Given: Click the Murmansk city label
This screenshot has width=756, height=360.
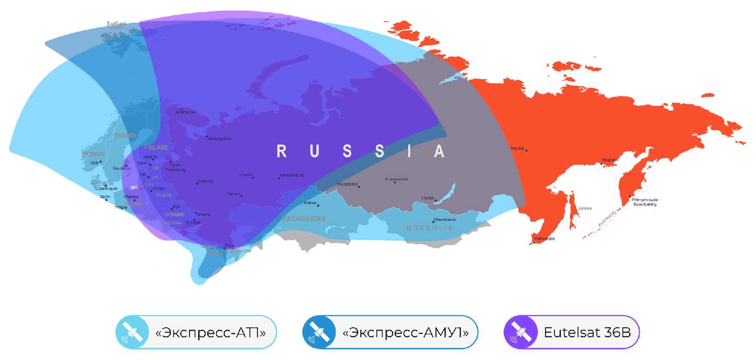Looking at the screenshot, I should point(185,112).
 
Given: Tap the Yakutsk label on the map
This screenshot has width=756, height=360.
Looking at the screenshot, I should point(517,148).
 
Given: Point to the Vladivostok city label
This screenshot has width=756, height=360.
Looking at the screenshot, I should point(545,239).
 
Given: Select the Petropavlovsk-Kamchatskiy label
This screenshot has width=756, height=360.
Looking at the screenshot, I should point(645,202).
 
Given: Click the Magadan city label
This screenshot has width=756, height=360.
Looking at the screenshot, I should point(610,160).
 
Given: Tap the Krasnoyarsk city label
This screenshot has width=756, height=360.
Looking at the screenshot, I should point(397,179).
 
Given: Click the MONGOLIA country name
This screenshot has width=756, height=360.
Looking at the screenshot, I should point(429,228).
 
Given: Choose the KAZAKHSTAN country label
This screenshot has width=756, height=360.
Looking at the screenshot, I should point(303,219).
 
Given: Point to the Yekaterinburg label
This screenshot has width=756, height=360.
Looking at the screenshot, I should point(291,175).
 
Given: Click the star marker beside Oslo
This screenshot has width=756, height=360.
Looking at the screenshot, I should point(101,161).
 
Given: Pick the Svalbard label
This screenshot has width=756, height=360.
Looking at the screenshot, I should point(116,23).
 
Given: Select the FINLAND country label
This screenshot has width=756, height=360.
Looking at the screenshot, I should point(156,148).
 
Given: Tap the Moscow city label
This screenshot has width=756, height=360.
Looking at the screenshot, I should point(206,181).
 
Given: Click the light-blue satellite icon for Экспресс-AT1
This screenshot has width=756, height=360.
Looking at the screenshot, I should point(132,332).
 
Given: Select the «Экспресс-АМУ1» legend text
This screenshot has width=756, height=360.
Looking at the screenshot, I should point(405,333).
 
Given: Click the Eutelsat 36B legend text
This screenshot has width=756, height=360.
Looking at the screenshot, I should point(585,333).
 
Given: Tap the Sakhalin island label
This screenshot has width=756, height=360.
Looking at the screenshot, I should point(584,208).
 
